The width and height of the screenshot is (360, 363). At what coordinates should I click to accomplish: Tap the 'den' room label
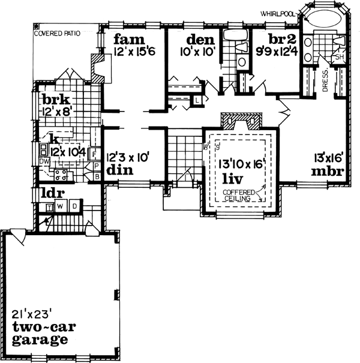click(196, 40)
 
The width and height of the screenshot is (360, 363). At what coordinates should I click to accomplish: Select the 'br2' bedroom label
click(279, 38)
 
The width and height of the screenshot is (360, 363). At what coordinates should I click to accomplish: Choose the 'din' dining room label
click(118, 170)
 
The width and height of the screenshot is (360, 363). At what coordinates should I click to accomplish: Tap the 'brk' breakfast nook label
click(53, 99)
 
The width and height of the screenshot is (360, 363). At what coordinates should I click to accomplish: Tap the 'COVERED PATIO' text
click(58, 35)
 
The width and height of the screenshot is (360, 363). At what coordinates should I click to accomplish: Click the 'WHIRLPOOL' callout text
click(277, 12)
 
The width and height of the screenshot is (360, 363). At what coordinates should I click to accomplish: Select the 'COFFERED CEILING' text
click(239, 195)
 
